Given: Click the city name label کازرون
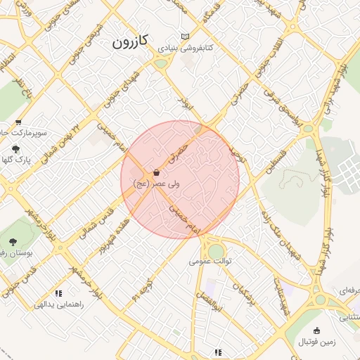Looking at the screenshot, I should [130, 41].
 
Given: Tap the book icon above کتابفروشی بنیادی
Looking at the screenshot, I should [185, 37].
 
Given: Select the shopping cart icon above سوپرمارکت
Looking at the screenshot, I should [18, 122].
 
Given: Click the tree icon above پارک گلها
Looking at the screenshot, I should [15, 149].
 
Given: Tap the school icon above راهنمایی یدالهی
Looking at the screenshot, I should [58, 293].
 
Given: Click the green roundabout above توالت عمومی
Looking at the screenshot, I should [216, 251].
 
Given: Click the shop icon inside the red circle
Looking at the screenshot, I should [156, 172].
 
